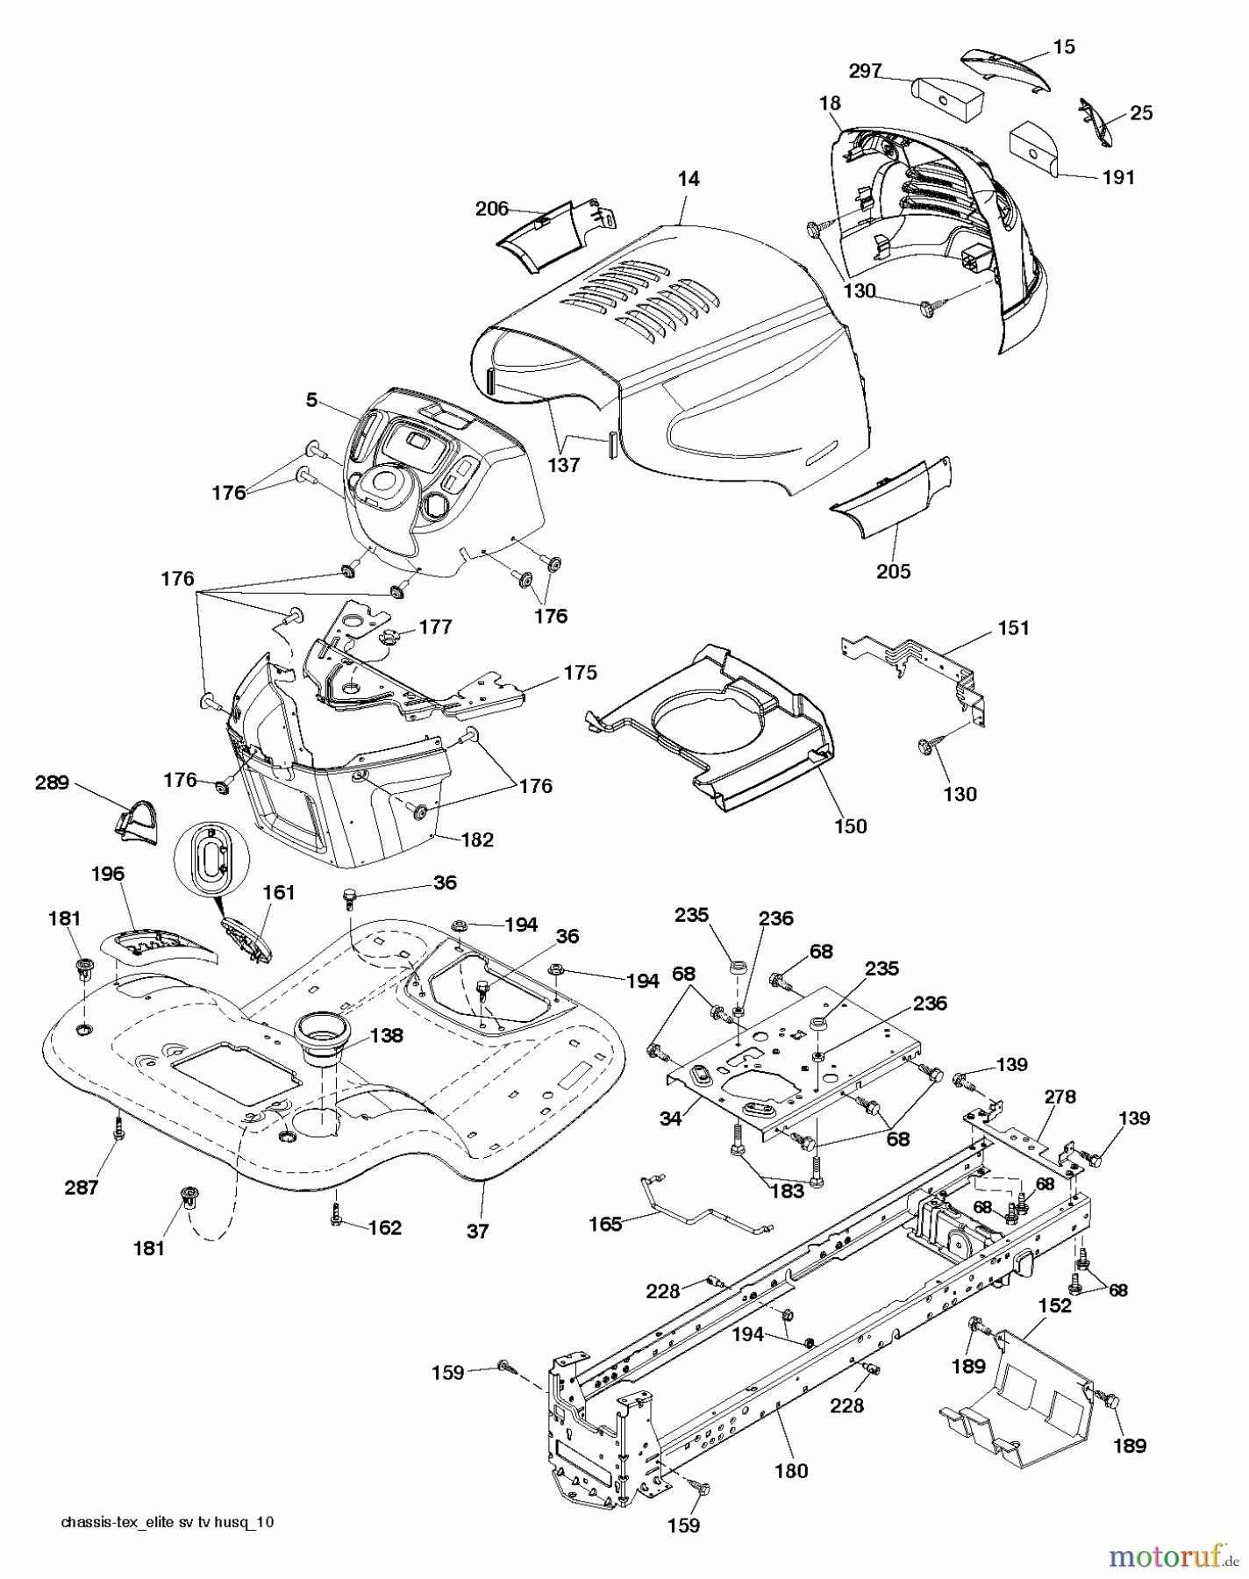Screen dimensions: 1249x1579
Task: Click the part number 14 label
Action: [689, 179]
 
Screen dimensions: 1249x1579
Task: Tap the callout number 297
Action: [865, 71]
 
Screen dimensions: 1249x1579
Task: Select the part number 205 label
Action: [893, 571]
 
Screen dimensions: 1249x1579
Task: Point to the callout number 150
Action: [850, 825]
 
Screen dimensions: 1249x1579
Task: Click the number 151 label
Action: [1013, 628]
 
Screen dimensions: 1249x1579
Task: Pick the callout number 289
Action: [52, 782]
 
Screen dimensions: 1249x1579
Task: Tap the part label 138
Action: [386, 1035]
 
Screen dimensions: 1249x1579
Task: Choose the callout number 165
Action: [604, 1224]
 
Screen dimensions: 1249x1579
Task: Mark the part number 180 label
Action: [791, 1471]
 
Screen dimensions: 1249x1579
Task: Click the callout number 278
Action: [1060, 1097]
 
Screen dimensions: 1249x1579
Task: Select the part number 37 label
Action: [477, 1231]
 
